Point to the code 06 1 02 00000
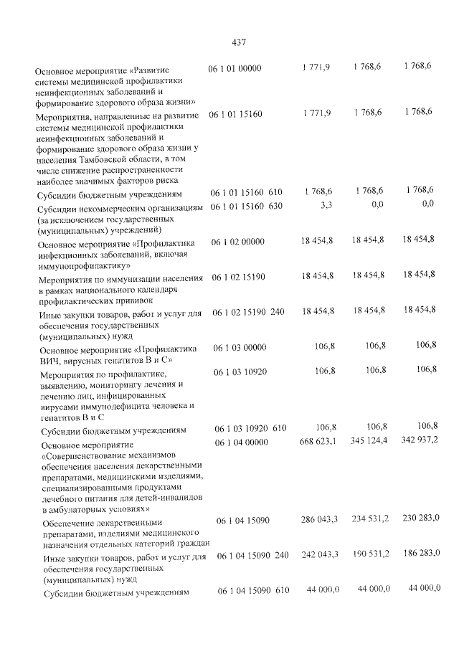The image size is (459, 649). tap(236, 244)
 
